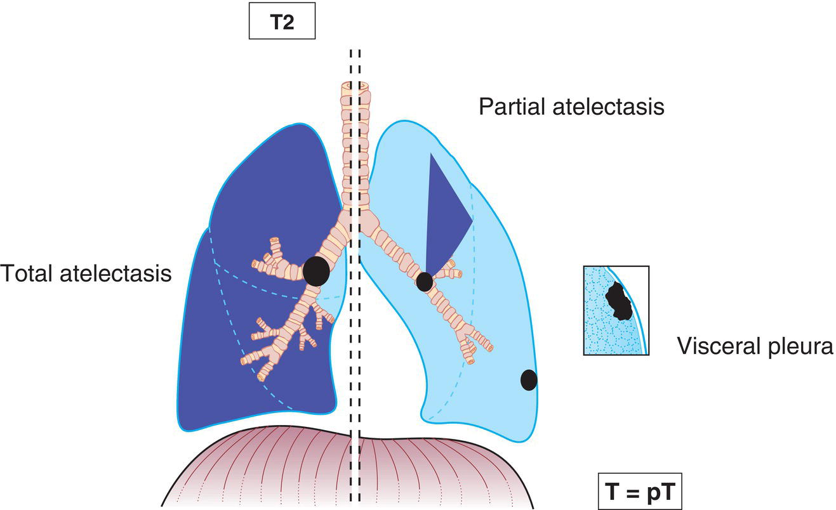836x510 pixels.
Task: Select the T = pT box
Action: (639, 492)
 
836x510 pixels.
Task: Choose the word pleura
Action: (799, 346)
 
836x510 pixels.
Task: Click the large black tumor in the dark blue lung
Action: (316, 271)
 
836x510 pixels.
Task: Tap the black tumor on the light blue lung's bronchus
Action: (424, 280)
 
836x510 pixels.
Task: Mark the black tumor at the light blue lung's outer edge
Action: (529, 380)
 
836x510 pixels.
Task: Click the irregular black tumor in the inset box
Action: (616, 301)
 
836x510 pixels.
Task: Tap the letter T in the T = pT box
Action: (611, 492)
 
